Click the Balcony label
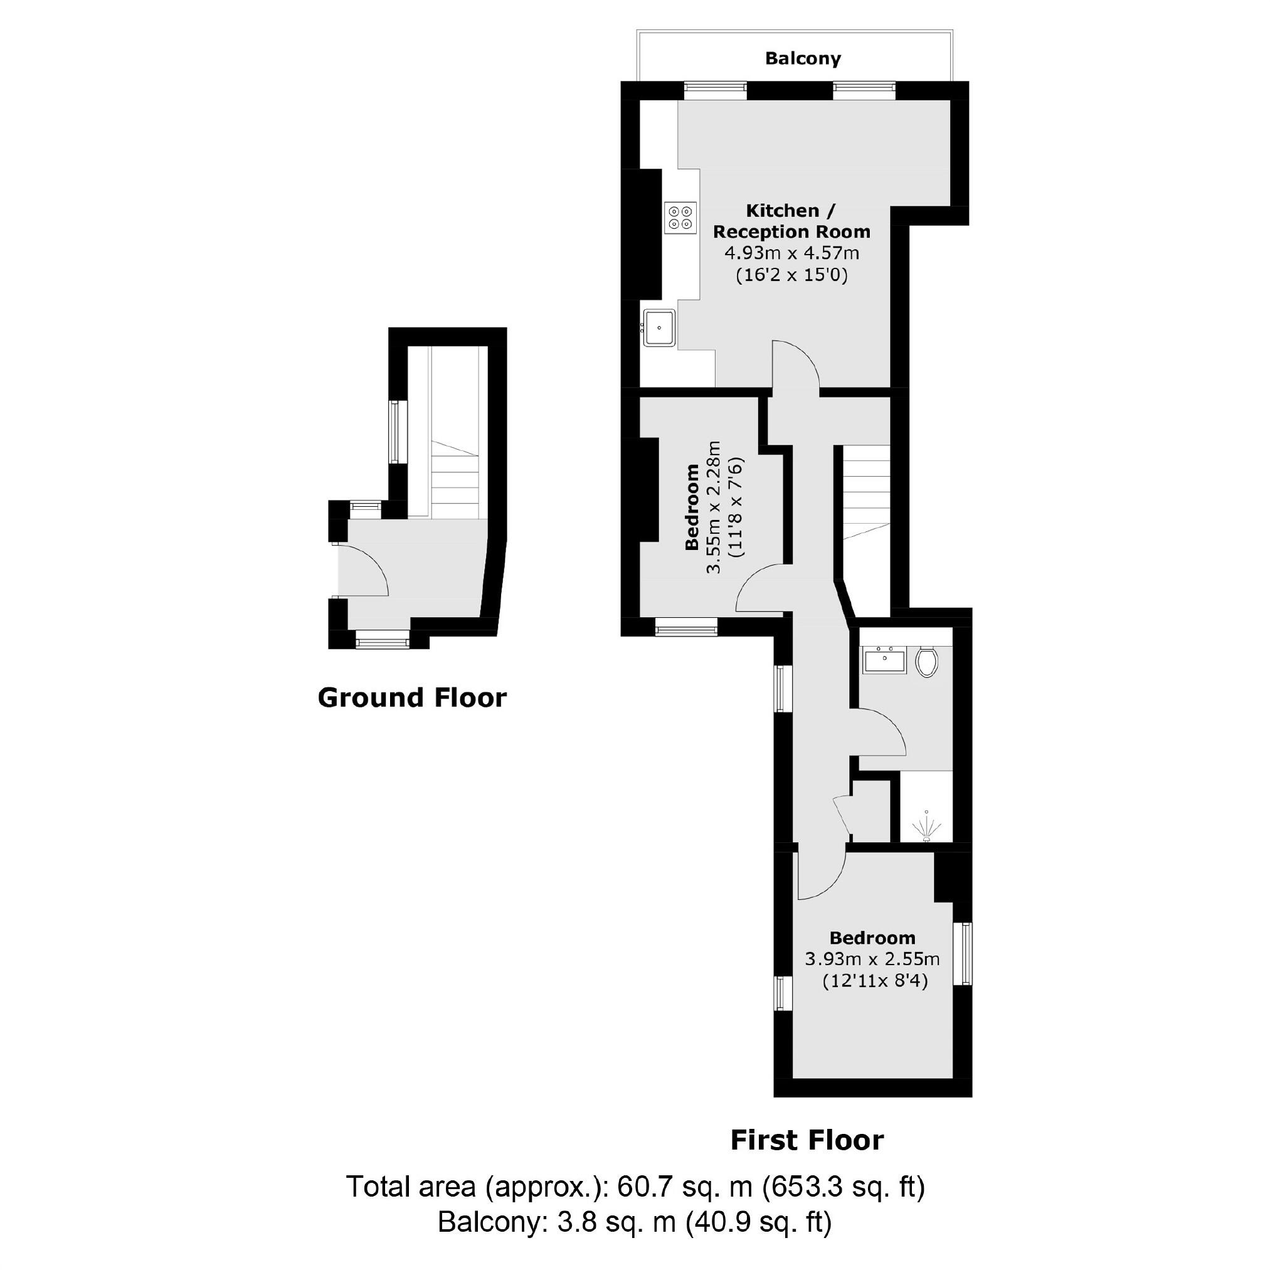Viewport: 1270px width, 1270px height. (x=803, y=58)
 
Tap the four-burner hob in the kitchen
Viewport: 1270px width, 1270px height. (x=680, y=218)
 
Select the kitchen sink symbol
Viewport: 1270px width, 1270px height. (x=659, y=327)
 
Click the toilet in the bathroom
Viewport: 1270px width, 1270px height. (x=926, y=661)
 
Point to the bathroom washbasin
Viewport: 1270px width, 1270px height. (x=884, y=659)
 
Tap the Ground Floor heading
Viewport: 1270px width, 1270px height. (x=412, y=697)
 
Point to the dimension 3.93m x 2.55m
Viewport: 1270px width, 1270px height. (x=872, y=959)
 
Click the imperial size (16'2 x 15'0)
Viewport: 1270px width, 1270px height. (x=791, y=275)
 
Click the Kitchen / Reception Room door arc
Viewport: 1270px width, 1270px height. (x=796, y=366)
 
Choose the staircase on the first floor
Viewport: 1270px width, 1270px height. (x=866, y=493)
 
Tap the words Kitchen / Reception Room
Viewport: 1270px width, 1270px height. (x=791, y=221)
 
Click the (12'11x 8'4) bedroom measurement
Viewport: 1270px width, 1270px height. (x=875, y=982)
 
